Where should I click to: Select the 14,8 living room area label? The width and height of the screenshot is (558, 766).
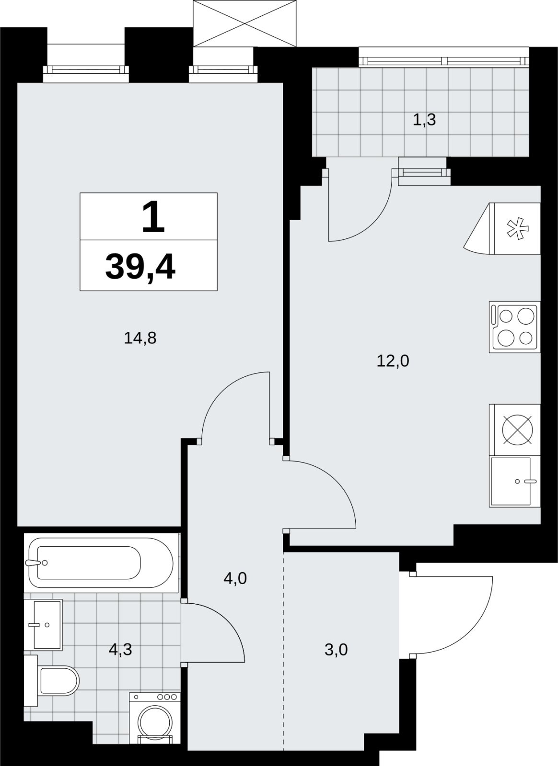pos(140,338)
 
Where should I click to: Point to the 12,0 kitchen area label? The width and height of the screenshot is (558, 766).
pos(393,361)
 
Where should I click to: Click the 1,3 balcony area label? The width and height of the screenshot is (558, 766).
pos(424,120)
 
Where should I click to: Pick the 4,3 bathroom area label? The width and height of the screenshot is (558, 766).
pos(120,649)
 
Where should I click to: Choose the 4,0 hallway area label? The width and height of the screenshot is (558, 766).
pos(235,578)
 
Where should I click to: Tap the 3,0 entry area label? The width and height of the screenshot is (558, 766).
pos(336,649)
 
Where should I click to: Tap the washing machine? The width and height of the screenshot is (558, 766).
pos(155,710)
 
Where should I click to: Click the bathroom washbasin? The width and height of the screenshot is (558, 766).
pos(43,625)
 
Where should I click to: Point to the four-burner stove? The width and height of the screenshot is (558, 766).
pos(514,327)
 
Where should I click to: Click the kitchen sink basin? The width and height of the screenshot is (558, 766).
pos(515,481)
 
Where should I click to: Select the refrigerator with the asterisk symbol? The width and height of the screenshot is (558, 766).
pos(502,228)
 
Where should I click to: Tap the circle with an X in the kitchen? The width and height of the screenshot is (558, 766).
pos(517,430)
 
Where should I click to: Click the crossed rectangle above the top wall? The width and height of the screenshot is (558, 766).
pos(244,23)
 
